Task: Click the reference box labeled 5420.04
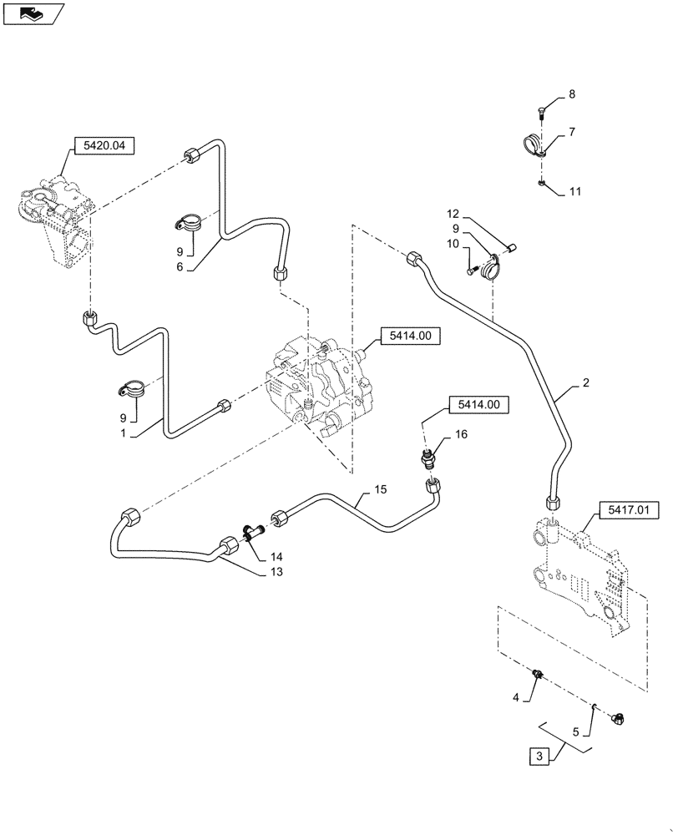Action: coord(104,146)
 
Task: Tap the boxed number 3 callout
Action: coord(540,757)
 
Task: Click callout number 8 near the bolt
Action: coord(572,95)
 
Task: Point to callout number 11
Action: coord(574,191)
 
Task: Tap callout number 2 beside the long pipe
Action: coord(586,383)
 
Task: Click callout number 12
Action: coord(453,214)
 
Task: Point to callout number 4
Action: coord(516,697)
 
